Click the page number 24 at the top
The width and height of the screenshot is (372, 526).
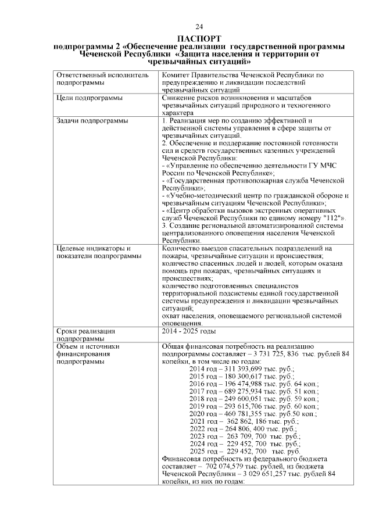[x=199, y=27]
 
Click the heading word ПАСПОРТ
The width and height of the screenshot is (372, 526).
[x=199, y=38]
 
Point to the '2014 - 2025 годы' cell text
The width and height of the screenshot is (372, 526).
[x=189, y=331]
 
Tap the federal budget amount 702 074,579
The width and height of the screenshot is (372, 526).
[x=223, y=467]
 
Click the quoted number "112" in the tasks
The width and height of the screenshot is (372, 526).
[x=331, y=217]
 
